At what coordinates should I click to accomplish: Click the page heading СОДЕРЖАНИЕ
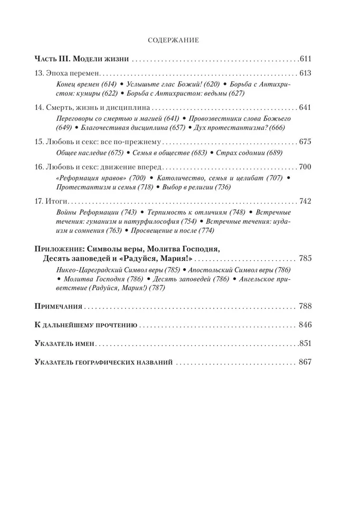[173, 39]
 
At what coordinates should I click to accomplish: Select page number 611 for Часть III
[306, 58]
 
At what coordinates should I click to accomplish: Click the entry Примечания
[58, 306]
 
